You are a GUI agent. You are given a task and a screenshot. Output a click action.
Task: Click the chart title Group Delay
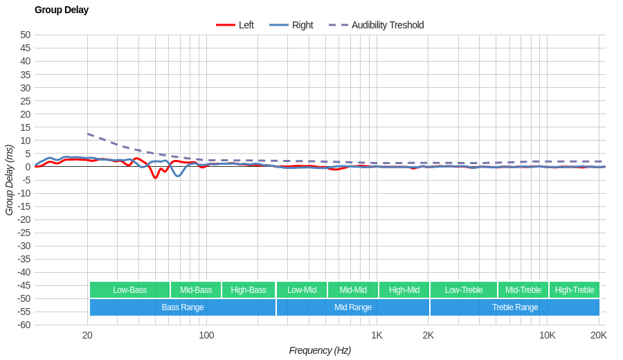[x=62, y=10]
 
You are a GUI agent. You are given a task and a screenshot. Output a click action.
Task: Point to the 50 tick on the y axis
[x=25, y=35]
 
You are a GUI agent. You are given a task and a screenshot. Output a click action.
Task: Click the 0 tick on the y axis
[x=28, y=167]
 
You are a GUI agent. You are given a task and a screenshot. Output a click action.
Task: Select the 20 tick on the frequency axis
[x=87, y=335]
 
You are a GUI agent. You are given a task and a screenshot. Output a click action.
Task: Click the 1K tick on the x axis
[x=377, y=335]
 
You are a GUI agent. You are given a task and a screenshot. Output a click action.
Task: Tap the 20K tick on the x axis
[x=599, y=335]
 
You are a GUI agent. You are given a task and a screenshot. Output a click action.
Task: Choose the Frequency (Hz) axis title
[x=320, y=350]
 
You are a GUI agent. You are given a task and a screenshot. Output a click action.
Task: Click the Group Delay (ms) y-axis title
[x=9, y=180]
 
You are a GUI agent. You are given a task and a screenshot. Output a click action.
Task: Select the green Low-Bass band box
[x=129, y=290]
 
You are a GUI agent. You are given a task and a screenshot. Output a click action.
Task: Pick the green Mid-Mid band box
[x=353, y=290]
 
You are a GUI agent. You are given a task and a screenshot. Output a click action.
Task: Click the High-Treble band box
[x=575, y=290]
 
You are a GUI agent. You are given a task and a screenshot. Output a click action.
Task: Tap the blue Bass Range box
[x=183, y=307]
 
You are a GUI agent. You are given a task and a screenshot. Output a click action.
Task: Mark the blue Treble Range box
[x=515, y=307]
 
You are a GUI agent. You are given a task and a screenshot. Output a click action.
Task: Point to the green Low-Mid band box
[x=302, y=290]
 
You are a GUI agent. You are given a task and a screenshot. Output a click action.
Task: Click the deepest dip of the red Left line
[x=155, y=178]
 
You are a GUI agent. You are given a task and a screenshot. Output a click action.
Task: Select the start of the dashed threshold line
[x=88, y=134]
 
